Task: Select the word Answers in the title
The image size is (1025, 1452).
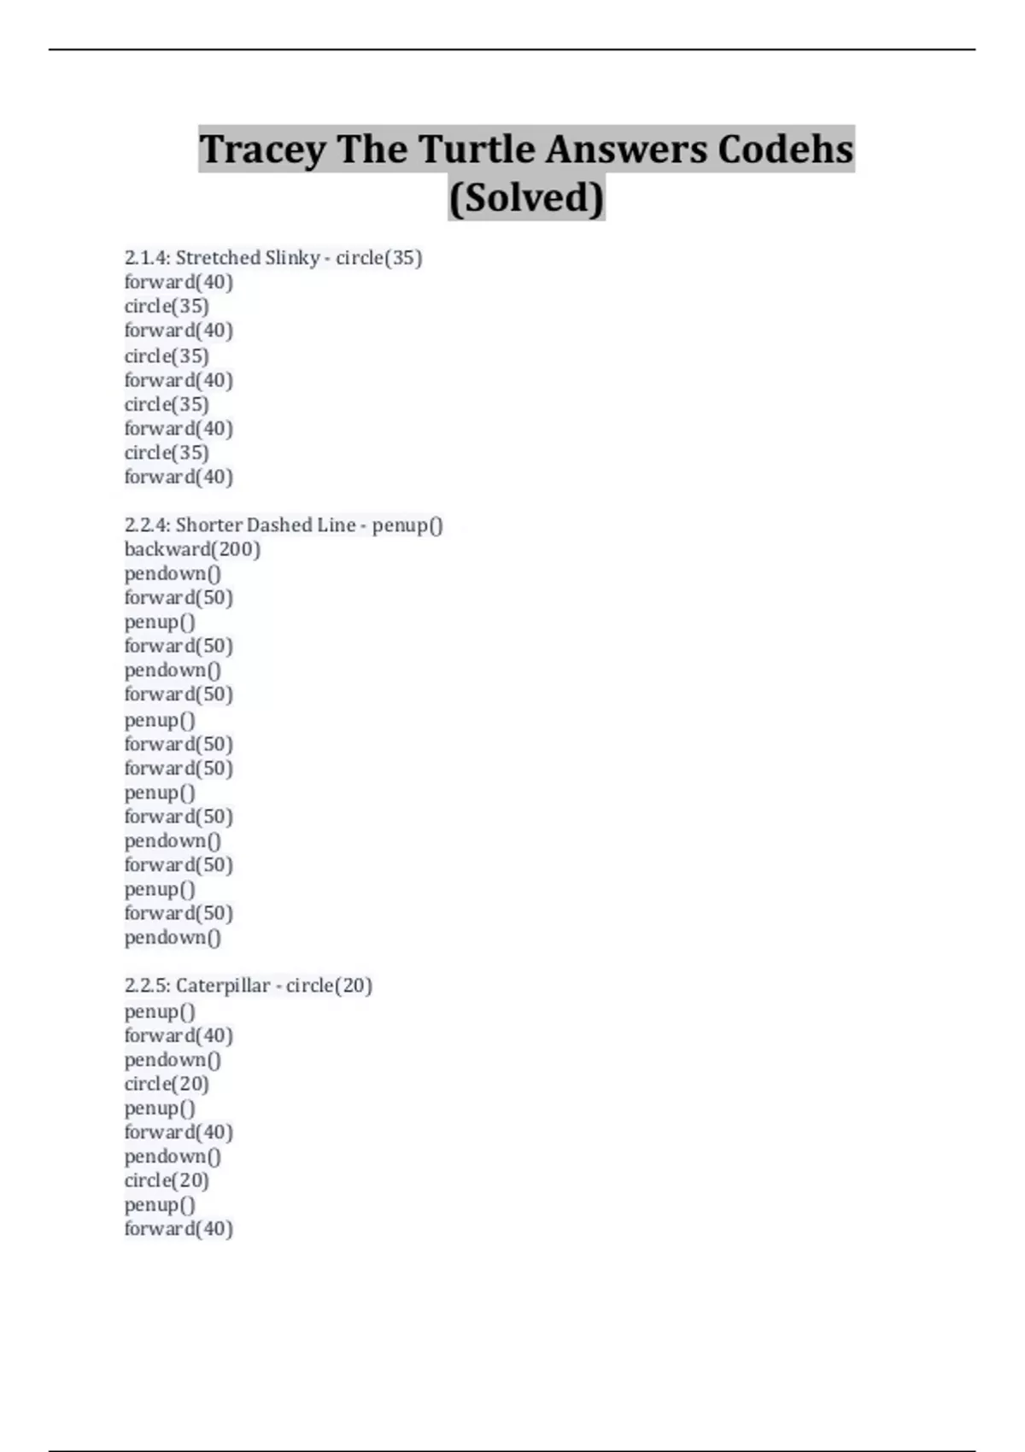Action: [626, 149]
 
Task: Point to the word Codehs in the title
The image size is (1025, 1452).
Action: [785, 149]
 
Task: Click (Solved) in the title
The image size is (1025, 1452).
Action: [526, 197]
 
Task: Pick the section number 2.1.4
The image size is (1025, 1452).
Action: [146, 258]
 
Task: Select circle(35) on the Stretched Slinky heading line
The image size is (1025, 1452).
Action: [378, 258]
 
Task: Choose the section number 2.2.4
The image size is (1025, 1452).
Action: [146, 525]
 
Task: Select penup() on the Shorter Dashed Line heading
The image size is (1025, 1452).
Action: [407, 525]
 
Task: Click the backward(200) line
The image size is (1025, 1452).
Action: [192, 549]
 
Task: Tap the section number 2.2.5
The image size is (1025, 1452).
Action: [146, 986]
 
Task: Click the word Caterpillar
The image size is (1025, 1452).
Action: [222, 986]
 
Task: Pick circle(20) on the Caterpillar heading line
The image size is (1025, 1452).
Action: [329, 986]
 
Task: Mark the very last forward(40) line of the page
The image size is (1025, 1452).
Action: [179, 1229]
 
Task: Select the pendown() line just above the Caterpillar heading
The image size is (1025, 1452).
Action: [173, 938]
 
